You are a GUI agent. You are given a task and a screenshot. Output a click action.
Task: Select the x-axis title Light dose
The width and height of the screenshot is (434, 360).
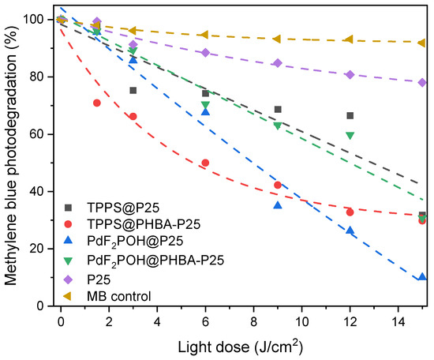coord(241,347)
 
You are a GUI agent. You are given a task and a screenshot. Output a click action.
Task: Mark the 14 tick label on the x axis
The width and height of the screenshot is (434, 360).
coord(398,321)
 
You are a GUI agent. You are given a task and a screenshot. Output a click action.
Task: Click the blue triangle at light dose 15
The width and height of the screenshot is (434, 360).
coord(422,277)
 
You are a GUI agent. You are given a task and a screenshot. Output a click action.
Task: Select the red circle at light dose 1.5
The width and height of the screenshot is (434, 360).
coord(97,103)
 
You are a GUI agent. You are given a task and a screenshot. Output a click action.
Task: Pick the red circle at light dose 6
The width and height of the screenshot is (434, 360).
coord(205,163)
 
